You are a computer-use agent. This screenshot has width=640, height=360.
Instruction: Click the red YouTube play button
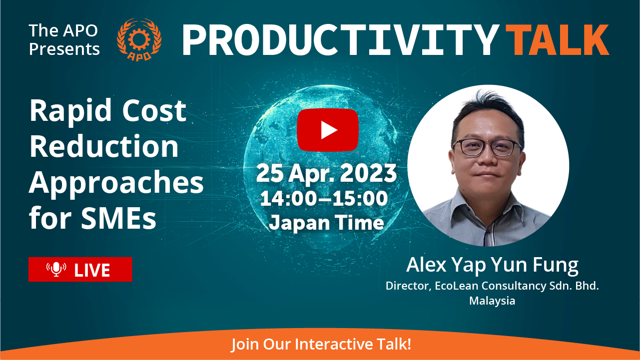(328, 130)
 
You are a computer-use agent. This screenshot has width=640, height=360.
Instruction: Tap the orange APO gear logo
(139, 39)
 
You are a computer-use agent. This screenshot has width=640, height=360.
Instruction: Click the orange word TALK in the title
(558, 39)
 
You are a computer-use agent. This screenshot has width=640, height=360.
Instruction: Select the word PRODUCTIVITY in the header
(341, 39)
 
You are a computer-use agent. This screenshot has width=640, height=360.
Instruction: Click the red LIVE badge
(80, 269)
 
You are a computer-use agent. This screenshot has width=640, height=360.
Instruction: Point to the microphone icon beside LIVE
(56, 269)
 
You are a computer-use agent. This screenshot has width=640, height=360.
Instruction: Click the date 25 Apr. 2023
(326, 173)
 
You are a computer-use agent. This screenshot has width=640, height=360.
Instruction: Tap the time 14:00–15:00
(324, 198)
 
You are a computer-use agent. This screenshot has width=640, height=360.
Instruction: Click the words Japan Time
(326, 223)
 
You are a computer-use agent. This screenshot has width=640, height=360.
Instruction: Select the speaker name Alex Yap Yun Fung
(492, 265)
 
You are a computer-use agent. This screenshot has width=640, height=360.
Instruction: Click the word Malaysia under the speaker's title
(492, 301)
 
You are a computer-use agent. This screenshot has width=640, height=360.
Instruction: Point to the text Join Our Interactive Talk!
(321, 344)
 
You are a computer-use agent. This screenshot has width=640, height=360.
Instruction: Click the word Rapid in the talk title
(70, 111)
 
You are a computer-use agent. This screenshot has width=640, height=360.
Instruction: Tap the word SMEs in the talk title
(118, 218)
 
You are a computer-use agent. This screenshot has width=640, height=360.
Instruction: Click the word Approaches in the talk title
(116, 184)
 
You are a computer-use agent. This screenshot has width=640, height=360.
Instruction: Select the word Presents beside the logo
(64, 49)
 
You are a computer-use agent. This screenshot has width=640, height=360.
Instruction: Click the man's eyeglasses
(487, 148)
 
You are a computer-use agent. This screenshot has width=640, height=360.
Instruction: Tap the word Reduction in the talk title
(104, 146)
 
